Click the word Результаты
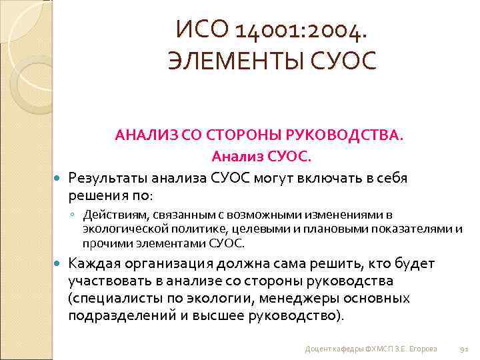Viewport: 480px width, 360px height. click(108, 178)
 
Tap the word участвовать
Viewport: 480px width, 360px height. click(108, 281)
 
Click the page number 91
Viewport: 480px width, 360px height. click(465, 349)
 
